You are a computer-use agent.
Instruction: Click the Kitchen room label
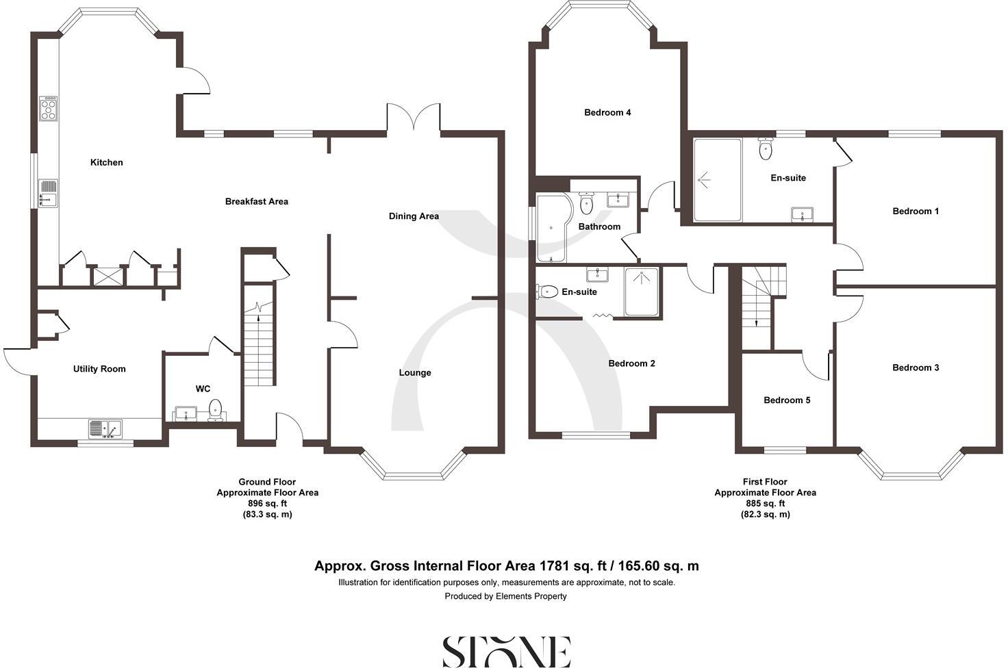pyautogui.click(x=107, y=162)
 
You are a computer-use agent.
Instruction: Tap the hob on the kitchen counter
pyautogui.click(x=49, y=109)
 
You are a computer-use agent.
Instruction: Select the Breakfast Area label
pyautogui.click(x=257, y=201)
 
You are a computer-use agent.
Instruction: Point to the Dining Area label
pyautogui.click(x=414, y=216)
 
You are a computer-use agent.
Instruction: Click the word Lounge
pyautogui.click(x=415, y=373)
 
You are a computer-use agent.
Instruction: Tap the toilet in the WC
pyautogui.click(x=215, y=409)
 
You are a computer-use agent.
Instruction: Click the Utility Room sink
pyautogui.click(x=104, y=428)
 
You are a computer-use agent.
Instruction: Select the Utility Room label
pyautogui.click(x=99, y=369)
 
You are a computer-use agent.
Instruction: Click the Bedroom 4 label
pyautogui.click(x=607, y=113)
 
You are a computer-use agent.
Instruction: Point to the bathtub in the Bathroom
pyautogui.click(x=551, y=228)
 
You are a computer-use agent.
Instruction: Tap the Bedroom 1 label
pyautogui.click(x=916, y=211)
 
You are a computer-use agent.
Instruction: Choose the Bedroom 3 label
pyautogui.click(x=916, y=368)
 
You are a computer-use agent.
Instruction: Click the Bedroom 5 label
pyautogui.click(x=787, y=400)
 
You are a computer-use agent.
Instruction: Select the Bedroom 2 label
pyautogui.click(x=631, y=363)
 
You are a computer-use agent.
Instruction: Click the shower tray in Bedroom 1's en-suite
pyautogui.click(x=717, y=180)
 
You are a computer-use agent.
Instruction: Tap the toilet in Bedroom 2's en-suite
pyautogui.click(x=548, y=292)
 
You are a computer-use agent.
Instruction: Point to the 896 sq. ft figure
pyautogui.click(x=267, y=504)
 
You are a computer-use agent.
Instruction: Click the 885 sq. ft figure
pyautogui.click(x=765, y=504)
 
